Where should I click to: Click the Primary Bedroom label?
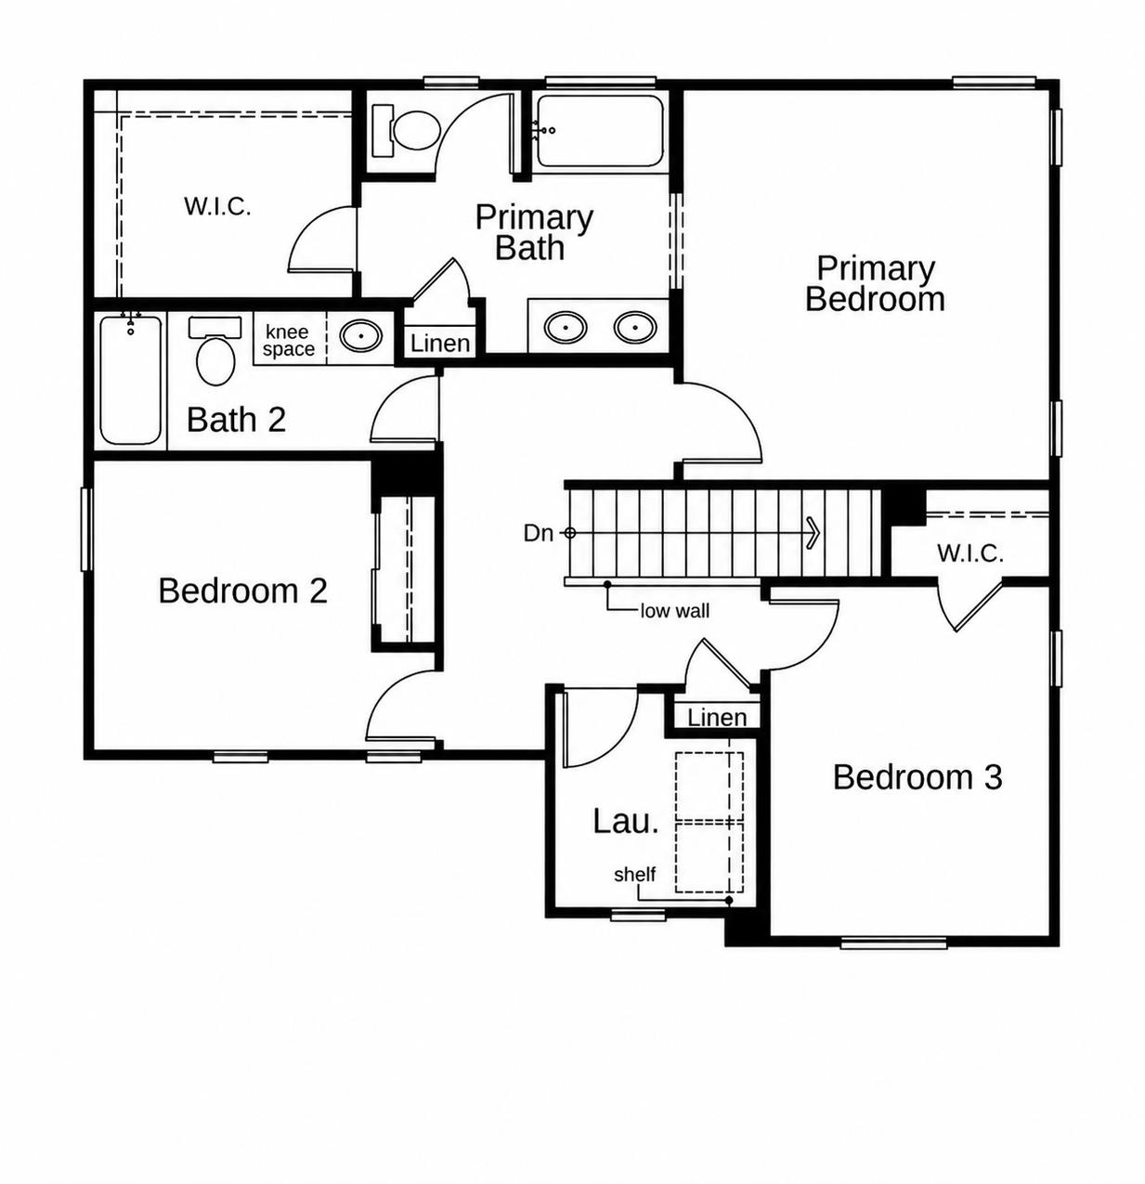tap(875, 283)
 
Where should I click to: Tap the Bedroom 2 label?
tap(242, 591)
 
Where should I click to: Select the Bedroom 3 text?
tap(917, 777)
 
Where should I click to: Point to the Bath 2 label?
tap(236, 419)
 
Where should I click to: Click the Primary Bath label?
tap(534, 232)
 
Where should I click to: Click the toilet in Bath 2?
tap(215, 351)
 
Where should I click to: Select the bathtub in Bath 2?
tap(131, 379)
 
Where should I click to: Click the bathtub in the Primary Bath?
tap(601, 131)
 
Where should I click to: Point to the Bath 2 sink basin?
tap(361, 335)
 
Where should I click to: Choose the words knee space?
tap(289, 340)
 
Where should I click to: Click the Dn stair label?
tap(539, 533)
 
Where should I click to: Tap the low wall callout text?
tap(675, 610)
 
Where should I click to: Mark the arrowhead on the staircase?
tap(813, 533)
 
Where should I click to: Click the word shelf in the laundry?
tap(634, 875)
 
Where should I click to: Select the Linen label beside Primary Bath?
tap(440, 344)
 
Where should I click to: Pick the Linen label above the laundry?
tap(717, 717)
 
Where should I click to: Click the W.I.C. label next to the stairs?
tap(969, 553)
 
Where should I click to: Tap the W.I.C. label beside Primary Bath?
tap(217, 206)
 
